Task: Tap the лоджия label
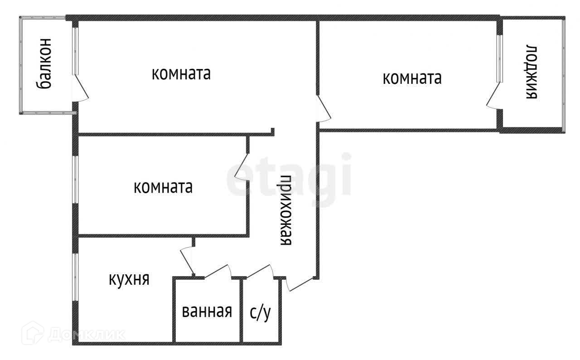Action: [x=532, y=72]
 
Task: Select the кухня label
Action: [x=129, y=279]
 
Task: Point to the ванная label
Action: [x=207, y=311]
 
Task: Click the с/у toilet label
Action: [x=260, y=312]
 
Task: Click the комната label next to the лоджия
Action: [x=412, y=78]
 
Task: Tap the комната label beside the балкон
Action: [x=181, y=73]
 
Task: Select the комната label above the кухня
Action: [x=163, y=187]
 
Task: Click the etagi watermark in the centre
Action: [x=289, y=175]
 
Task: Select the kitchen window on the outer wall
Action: [x=76, y=277]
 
